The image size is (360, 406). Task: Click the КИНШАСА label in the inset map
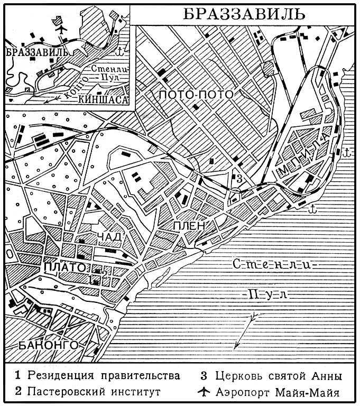tap(103, 99)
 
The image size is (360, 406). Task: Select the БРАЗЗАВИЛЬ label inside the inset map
tap(35, 52)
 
